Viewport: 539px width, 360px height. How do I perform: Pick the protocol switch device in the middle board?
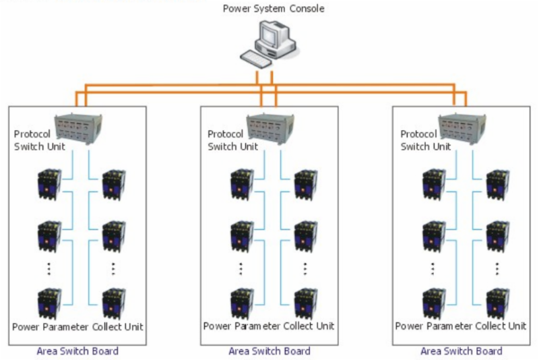coord(271,126)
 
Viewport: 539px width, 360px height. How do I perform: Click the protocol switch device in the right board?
coord(464,126)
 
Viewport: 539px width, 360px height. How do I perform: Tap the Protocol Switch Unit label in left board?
coord(40,140)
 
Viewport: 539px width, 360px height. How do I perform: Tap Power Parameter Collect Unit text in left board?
coord(77,327)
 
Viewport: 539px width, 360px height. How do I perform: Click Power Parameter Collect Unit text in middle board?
coord(269,327)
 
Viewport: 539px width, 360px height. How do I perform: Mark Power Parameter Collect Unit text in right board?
coord(461,327)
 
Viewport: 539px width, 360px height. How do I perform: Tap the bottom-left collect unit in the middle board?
coord(241,303)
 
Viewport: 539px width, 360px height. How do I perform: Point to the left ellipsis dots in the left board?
coord(49,268)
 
